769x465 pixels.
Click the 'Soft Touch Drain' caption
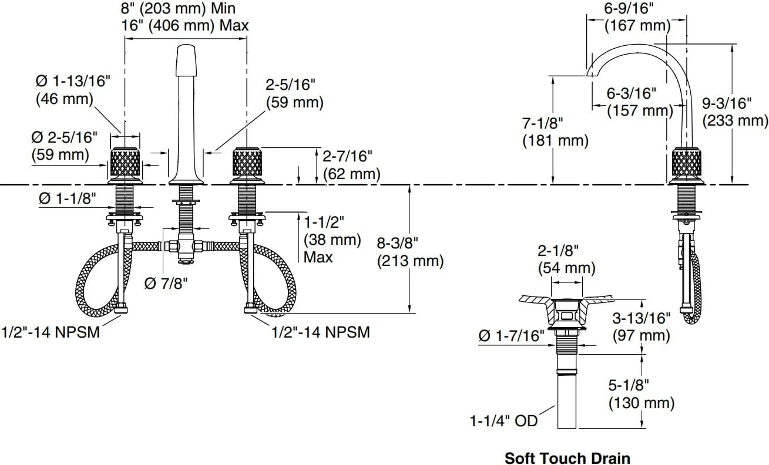[567, 458]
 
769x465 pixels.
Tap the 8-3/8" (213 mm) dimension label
[410, 252]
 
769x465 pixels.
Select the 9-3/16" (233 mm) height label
[735, 112]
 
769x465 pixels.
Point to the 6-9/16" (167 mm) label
[637, 17]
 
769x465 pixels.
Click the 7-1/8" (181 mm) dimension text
[556, 132]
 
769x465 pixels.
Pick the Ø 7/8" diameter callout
[166, 284]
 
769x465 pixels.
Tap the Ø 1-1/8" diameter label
[68, 198]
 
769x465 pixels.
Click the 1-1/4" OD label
[503, 421]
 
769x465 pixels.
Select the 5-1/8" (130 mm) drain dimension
[642, 394]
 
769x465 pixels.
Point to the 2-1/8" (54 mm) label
[566, 260]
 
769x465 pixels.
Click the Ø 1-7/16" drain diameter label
[512, 336]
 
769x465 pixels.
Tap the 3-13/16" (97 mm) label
[642, 326]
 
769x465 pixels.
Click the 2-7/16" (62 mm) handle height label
[351, 165]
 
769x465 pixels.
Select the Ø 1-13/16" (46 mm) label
[73, 90]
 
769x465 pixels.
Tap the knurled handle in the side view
[686, 161]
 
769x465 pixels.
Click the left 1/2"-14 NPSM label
[51, 332]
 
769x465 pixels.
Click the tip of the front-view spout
[186, 45]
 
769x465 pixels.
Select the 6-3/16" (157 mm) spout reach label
[640, 102]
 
